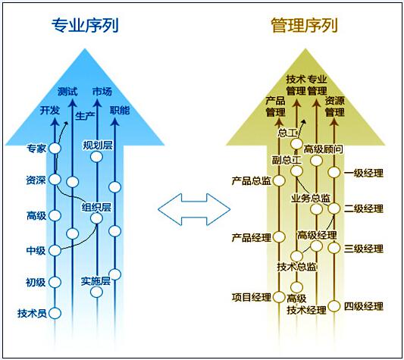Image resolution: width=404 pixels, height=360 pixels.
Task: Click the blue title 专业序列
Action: coord(85,25)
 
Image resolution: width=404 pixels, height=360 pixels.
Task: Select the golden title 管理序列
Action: coord(304,25)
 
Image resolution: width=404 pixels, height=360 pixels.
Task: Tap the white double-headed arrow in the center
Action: coord(194,209)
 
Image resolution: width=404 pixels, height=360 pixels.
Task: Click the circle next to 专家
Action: coord(55,149)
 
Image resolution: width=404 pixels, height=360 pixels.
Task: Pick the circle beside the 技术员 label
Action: coord(55,313)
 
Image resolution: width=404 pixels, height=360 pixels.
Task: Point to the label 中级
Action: coord(36,250)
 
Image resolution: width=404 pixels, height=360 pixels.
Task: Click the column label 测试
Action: coord(67,92)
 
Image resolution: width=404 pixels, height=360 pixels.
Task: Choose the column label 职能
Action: coord(120,111)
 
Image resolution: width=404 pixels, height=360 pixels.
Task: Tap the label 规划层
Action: coord(97,146)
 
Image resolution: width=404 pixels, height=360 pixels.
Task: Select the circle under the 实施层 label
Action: coord(96,292)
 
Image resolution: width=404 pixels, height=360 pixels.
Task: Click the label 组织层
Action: coord(96,207)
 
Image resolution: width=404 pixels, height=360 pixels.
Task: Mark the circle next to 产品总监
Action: coord(279,180)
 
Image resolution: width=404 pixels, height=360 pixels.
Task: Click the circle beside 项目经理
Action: coord(279,297)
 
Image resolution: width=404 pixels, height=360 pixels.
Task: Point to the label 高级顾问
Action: coord(324,149)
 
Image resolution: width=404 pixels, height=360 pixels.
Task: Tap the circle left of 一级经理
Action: coord(334,172)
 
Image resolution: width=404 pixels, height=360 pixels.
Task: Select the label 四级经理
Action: coord(364,306)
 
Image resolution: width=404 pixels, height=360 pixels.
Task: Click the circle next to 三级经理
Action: coord(334,248)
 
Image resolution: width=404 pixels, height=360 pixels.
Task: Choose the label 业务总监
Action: coord(311,198)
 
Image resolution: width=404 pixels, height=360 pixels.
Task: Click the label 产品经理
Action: coord(252,237)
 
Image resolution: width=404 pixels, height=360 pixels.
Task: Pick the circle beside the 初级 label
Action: coord(55,282)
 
